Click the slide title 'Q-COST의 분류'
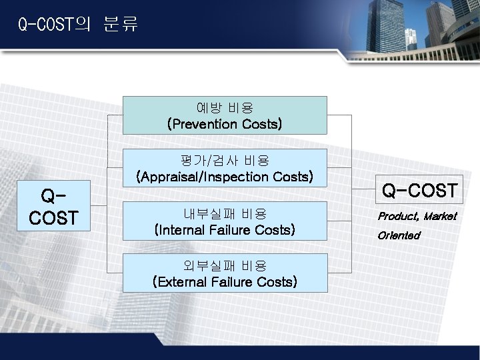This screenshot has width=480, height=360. (x=78, y=26)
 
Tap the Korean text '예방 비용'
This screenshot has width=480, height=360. (x=225, y=107)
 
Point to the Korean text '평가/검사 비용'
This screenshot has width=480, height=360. (x=225, y=161)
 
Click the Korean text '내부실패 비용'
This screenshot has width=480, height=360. (x=225, y=214)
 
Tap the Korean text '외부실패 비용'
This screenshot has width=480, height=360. (x=225, y=265)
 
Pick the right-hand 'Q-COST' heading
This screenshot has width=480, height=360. (x=419, y=191)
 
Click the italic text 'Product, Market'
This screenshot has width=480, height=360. (x=417, y=216)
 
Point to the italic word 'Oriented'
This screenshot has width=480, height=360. (x=399, y=235)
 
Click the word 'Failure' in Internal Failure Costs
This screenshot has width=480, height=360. (x=233, y=230)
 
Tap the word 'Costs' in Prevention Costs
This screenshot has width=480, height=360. (x=259, y=124)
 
